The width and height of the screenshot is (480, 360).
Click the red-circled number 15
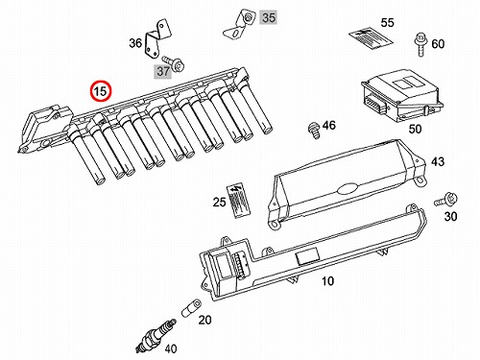100,91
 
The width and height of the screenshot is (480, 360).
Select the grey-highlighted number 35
269,17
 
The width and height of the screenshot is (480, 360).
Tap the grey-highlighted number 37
163,71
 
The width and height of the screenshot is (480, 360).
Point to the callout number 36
135,43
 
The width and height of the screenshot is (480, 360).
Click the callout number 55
387,23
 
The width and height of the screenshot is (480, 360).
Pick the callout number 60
438,44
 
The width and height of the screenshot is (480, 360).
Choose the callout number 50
415,129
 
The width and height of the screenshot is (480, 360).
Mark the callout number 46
329,125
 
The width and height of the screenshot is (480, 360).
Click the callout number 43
438,161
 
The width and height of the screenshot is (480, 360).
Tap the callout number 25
219,202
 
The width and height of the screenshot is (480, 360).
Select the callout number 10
327,281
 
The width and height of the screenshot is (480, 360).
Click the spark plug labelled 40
156,336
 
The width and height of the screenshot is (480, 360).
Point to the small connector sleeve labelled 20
191,307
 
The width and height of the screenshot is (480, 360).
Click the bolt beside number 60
420,44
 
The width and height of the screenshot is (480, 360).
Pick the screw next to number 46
314,131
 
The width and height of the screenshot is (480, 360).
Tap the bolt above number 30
446,200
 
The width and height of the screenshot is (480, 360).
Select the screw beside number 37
173,62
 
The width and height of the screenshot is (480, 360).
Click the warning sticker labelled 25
237,202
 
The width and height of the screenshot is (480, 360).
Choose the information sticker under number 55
370,38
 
